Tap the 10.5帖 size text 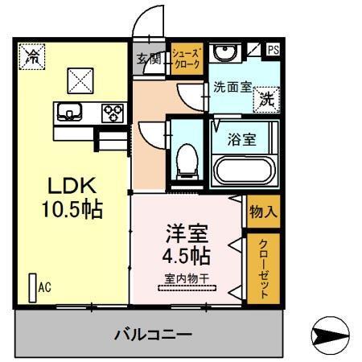pyautogui.click(x=72, y=210)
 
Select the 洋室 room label pyautogui.click(x=187, y=236)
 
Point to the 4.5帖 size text pyautogui.click(x=187, y=258)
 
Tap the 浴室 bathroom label pyautogui.click(x=244, y=138)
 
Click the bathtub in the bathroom pyautogui.click(x=243, y=170)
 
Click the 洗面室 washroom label pyautogui.click(x=232, y=88)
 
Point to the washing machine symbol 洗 pyautogui.click(x=266, y=100)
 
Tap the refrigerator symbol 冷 pyautogui.click(x=32, y=56)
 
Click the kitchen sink pyautogui.click(x=68, y=112)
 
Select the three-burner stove pyautogui.click(x=110, y=113)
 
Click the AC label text pyautogui.click(x=44, y=287)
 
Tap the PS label pyautogui.click(x=274, y=50)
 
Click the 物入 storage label pyautogui.click(x=263, y=212)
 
